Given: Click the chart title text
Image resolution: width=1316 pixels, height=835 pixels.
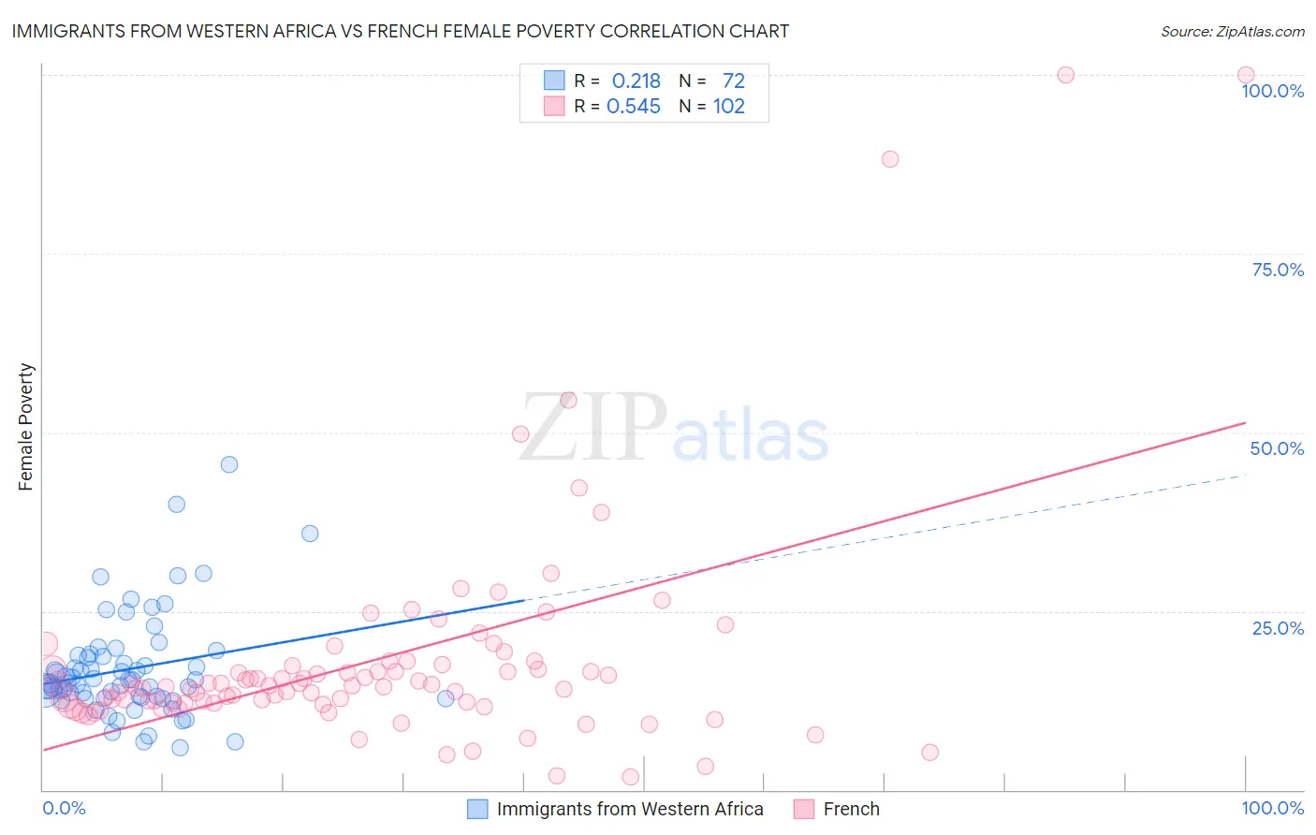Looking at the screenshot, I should click(x=400, y=31).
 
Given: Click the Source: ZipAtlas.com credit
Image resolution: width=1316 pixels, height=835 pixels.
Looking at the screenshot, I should click(x=1232, y=31).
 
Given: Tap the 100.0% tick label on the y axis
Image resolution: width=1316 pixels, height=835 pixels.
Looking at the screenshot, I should click(x=1272, y=91).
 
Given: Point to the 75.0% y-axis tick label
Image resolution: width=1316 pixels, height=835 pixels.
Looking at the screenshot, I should click(x=1278, y=270).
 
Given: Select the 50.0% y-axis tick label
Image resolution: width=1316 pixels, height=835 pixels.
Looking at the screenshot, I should click(x=1277, y=448).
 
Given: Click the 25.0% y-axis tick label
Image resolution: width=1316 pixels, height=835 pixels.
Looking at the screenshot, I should click(x=1278, y=628).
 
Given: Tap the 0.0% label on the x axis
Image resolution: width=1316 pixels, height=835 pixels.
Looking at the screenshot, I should click(x=64, y=808).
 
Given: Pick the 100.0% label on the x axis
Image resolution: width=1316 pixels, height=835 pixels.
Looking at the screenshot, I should click(x=1272, y=808).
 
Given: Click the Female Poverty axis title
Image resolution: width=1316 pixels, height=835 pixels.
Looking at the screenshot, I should click(x=26, y=427).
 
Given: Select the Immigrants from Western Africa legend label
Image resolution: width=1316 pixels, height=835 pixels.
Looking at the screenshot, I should click(x=630, y=809).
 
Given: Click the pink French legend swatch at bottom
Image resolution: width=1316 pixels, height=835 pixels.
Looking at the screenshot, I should click(x=803, y=809).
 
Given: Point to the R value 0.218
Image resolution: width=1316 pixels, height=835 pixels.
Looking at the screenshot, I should click(x=636, y=81).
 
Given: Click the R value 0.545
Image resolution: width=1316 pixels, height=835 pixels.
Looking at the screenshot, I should click(x=634, y=107).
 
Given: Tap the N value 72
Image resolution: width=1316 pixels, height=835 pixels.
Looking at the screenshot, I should click(x=734, y=81).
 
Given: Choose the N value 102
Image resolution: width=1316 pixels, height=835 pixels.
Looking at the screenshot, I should click(x=729, y=107).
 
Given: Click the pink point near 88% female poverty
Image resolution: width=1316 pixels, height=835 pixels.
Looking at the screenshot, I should click(x=890, y=159).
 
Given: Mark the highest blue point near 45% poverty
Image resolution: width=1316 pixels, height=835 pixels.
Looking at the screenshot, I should click(x=229, y=464).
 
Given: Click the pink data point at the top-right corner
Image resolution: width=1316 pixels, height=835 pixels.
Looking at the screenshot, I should click(x=1246, y=75).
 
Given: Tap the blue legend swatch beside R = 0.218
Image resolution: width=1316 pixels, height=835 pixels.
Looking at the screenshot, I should click(x=554, y=81).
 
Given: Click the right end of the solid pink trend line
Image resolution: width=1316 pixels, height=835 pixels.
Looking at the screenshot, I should click(x=1245, y=423).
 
